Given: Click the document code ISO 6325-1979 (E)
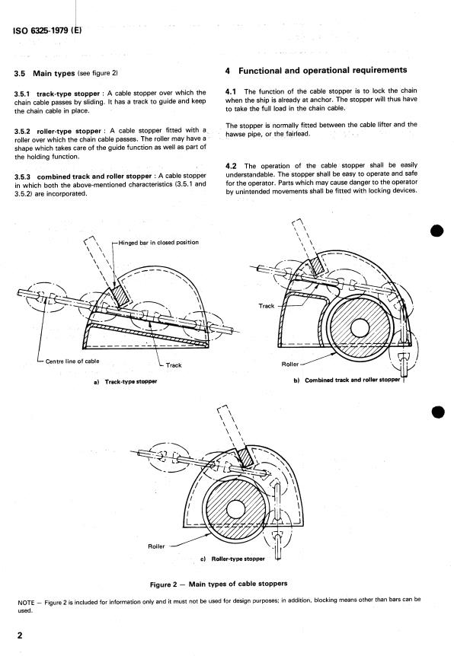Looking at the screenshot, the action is point(47,30).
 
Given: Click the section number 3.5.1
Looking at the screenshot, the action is point(22,94).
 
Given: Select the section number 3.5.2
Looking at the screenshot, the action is point(22,131).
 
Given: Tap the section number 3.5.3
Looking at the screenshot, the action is point(22,176).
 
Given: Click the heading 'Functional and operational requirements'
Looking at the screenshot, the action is point(322,70).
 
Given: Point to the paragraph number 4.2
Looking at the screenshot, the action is point(231,166).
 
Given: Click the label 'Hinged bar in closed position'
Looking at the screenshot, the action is point(158,242).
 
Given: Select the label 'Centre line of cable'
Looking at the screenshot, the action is point(72,361).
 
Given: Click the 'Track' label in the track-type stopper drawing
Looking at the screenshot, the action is point(174,365).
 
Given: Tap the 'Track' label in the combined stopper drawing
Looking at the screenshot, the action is point(267,306).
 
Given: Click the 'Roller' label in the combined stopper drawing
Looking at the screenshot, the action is point(289,364).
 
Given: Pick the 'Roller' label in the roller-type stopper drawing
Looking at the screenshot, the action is point(156,546).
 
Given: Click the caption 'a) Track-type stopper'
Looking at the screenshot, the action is point(126,381).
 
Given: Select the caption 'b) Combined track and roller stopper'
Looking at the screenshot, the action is point(347,380).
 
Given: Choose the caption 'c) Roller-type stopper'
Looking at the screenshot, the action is point(233,559).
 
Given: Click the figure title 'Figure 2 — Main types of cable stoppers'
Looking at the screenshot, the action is point(219,584).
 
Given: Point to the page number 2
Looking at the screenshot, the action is point(20,635).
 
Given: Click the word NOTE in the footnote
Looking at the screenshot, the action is point(26,603).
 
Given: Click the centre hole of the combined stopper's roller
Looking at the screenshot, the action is point(360,327).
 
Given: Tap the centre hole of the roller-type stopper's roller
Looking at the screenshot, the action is point(235,509).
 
